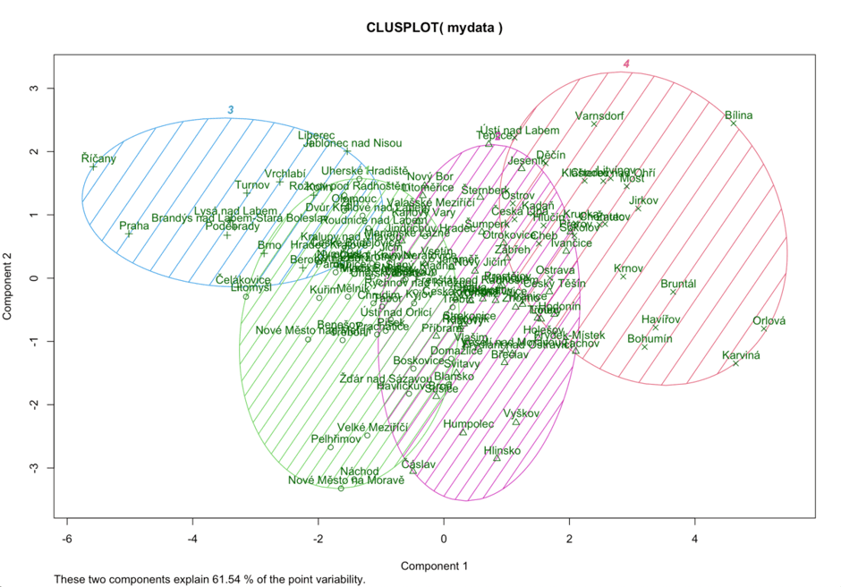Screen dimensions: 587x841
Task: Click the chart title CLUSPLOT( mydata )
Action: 434,28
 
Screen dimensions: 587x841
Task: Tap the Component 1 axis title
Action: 434,566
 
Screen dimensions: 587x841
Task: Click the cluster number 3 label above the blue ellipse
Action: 230,110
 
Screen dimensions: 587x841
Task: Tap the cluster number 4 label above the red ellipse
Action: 627,64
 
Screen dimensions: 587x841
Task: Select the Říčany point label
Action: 98,158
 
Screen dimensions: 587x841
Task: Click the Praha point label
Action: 134,226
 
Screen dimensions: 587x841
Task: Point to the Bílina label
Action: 739,115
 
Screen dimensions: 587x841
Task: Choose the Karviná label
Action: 741,355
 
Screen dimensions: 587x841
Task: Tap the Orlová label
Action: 769,321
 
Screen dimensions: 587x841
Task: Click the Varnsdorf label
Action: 599,116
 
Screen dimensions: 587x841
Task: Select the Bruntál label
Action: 678,285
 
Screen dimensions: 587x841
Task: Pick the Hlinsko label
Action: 502,451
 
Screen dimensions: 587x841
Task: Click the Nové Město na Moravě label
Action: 346,481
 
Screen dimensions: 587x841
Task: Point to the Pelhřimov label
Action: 336,439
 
